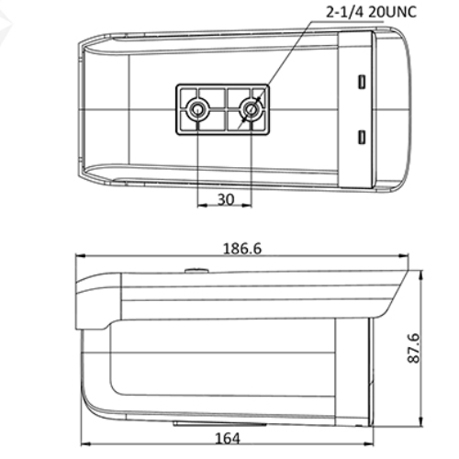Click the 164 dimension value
pyautogui.click(x=225, y=439)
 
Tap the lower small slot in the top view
pyautogui.click(x=363, y=138)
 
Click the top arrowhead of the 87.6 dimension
pyautogui.click(x=420, y=275)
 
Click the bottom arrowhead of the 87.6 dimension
pyautogui.click(x=420, y=421)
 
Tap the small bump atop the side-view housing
pyautogui.click(x=196, y=270)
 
